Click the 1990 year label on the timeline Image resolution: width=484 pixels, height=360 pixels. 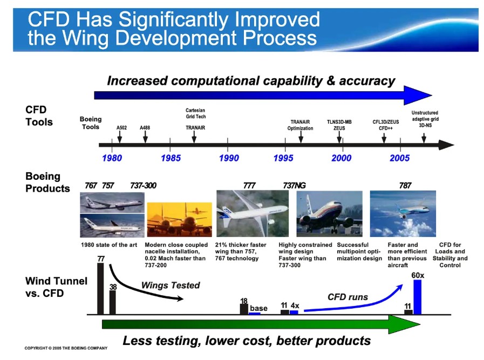229,158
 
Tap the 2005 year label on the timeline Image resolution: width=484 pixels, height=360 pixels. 399,158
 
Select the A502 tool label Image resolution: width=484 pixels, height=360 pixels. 121,127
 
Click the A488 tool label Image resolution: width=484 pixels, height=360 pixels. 145,127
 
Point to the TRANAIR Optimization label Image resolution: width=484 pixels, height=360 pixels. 300,125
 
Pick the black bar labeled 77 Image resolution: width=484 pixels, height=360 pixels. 100,289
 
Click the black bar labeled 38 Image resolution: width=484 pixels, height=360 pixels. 113,302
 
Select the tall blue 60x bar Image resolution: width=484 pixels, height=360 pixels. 417,297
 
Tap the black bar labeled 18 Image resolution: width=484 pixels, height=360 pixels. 244,309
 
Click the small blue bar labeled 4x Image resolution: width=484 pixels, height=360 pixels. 294,313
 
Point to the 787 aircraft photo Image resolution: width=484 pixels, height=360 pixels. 403,214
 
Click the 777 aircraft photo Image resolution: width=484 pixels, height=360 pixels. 253,213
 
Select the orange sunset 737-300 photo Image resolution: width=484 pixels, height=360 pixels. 179,220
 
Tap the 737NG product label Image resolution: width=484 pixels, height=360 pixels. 294,186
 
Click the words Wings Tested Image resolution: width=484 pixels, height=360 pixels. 171,286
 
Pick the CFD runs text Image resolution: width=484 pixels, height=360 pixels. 347,297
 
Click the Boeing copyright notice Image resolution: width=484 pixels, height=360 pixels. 66,348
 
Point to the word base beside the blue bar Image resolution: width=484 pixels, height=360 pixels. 258,308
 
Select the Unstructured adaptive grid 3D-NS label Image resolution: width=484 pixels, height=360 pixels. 425,119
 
